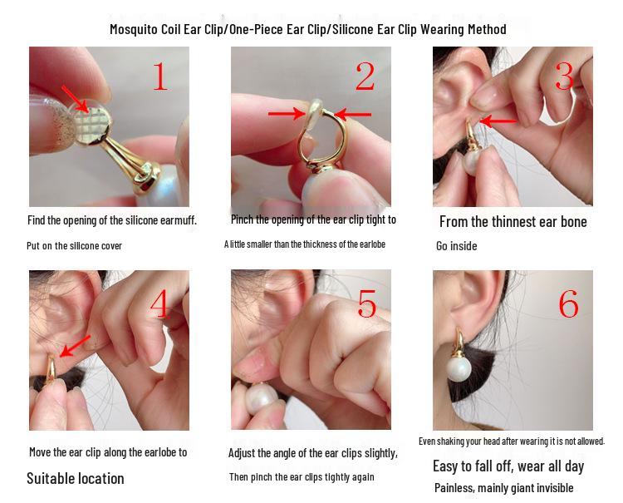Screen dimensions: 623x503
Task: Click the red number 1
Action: tap(160, 76)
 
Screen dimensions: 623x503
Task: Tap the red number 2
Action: tap(365, 76)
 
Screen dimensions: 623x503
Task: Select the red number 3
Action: tap(564, 76)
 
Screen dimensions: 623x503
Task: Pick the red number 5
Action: tap(366, 303)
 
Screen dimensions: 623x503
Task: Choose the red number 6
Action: tap(568, 303)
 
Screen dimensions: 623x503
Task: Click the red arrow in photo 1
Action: tap(75, 99)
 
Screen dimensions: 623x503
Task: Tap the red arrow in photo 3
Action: tap(498, 121)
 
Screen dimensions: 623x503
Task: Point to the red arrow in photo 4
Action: tap(75, 346)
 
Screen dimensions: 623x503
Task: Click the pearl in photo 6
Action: tap(459, 368)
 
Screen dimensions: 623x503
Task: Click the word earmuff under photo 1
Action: tap(178, 219)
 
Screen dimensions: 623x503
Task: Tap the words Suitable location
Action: tap(75, 478)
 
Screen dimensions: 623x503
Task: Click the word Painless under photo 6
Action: tap(454, 488)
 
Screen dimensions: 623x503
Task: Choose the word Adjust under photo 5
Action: tap(241, 453)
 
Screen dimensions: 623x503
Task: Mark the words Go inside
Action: tap(457, 246)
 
